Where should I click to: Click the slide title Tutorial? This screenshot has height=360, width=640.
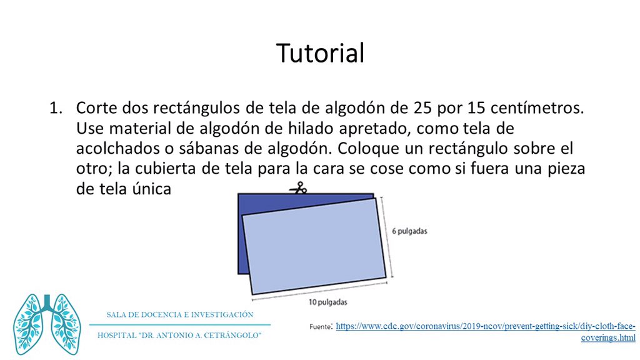[x=320, y=53]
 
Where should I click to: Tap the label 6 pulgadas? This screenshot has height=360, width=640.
[x=409, y=231]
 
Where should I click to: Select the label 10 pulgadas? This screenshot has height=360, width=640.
[x=327, y=302]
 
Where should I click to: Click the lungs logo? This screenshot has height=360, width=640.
[x=47, y=324]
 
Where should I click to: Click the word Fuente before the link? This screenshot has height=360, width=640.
[x=321, y=326]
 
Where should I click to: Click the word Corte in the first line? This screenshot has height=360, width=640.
[x=95, y=107]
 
